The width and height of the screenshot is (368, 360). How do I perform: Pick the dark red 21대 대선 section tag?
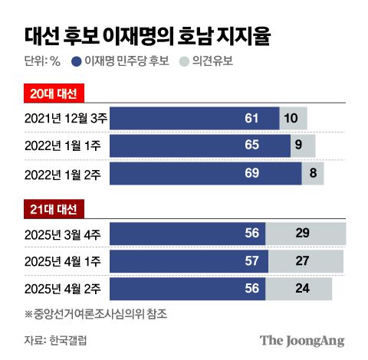point(53,209)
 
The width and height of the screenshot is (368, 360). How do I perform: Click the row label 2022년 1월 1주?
point(64,146)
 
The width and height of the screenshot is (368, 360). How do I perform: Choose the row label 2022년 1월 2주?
point(64,173)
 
